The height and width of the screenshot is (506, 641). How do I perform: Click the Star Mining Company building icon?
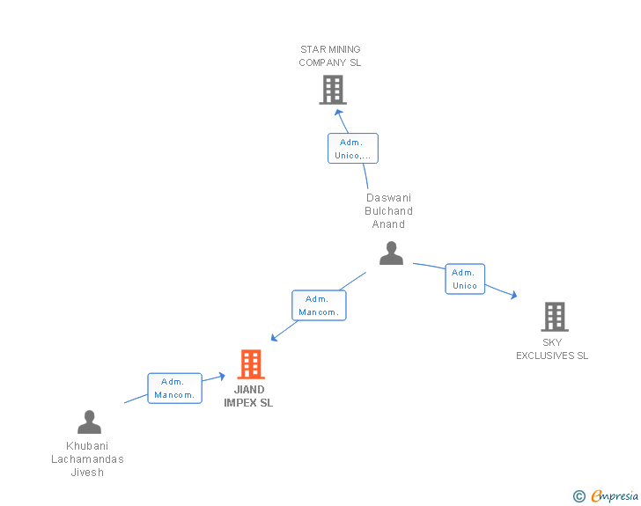pos(332,89)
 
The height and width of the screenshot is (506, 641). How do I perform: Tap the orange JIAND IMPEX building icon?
pos(251,363)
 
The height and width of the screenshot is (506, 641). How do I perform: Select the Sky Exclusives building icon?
pos(554,316)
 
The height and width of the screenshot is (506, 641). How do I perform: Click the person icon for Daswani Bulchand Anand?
pos(391,253)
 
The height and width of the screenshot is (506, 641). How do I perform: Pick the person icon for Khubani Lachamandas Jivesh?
pos(89,422)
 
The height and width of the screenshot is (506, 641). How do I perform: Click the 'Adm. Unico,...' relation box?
pos(353,148)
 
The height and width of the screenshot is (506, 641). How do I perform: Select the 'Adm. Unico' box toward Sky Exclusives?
pos(465,279)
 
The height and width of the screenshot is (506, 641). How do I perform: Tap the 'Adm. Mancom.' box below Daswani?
pos(319,305)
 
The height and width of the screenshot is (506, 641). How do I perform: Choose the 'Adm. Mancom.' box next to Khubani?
pos(174,388)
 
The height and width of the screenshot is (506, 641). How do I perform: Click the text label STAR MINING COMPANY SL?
pos(330,56)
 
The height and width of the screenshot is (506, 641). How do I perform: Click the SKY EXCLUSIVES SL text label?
pos(552,349)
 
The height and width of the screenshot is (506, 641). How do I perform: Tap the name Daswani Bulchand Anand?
pos(389,211)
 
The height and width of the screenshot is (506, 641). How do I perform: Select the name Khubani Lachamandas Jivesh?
pos(87,459)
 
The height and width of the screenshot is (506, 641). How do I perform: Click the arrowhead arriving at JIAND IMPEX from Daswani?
pos(275,337)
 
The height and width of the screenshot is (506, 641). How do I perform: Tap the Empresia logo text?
pos(615,496)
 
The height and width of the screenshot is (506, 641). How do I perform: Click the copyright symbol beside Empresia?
pos(578,496)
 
